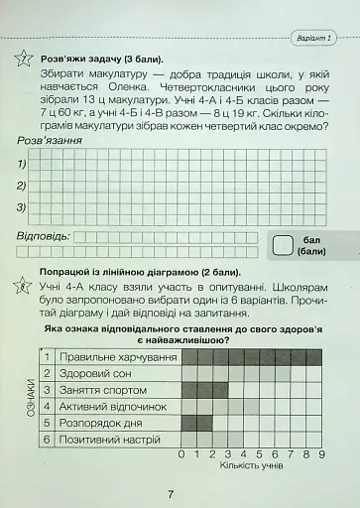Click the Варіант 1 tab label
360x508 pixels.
point(316,37)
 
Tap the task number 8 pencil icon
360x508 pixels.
point(23,287)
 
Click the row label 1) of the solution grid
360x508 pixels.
point(23,163)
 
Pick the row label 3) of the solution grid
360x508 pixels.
point(23,207)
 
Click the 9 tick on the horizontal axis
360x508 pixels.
point(321,454)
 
